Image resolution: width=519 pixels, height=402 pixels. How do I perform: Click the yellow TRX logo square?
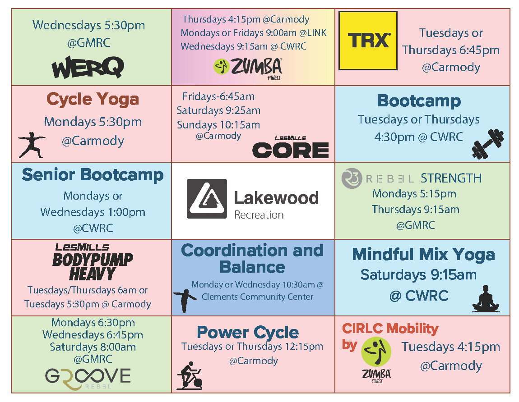coord(368,41)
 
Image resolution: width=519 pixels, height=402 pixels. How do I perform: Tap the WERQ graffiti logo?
coord(88,67)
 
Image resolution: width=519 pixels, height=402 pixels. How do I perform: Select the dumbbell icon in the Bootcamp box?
coord(487,144)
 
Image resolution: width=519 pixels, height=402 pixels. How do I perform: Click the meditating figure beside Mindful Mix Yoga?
coord(486,298)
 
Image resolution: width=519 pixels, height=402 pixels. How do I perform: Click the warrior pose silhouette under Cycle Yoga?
coord(32,145)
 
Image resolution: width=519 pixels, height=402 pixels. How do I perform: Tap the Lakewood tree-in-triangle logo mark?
coord(207,199)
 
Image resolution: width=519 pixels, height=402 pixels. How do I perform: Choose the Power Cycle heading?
coord(248,332)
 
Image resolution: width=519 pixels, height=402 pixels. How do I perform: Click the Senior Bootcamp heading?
coord(93,174)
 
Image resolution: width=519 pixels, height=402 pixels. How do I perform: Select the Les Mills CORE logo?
coord(291,147)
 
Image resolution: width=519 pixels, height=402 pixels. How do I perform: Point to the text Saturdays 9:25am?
coord(218,110)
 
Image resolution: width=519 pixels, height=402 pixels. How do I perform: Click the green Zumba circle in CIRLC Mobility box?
coord(376,352)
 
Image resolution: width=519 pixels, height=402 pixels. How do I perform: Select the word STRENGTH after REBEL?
coord(451,178)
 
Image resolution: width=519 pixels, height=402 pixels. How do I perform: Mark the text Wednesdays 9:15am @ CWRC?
coord(243,46)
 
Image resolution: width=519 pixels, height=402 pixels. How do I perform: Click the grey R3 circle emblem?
coord(352,178)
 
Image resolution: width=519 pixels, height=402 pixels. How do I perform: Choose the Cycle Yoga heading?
coord(93,99)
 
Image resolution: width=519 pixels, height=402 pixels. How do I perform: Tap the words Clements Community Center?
coord(257,297)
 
